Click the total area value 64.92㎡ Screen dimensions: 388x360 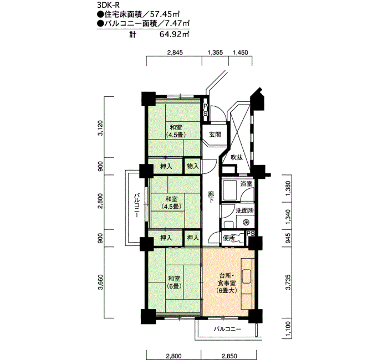(x=174, y=34)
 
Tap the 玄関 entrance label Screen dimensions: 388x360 (x=215, y=135)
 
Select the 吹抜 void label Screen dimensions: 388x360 (x=237, y=157)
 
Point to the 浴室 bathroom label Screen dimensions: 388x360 (x=246, y=184)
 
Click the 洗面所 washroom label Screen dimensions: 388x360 (x=244, y=210)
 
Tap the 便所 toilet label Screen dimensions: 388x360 (x=229, y=238)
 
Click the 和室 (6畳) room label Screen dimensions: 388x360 (x=174, y=282)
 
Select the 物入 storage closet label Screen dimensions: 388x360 (x=193, y=166)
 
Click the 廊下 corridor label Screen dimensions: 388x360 (x=211, y=197)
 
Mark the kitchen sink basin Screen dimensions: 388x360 (x=247, y=276)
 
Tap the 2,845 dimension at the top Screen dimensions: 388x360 (x=175, y=53)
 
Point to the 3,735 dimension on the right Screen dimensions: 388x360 (x=288, y=282)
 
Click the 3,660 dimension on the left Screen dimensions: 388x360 (x=100, y=282)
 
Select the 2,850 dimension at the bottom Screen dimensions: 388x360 (x=229, y=356)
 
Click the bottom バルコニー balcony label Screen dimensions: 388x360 (x=227, y=330)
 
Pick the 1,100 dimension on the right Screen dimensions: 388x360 (x=288, y=330)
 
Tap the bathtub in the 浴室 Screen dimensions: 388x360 (x=230, y=190)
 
